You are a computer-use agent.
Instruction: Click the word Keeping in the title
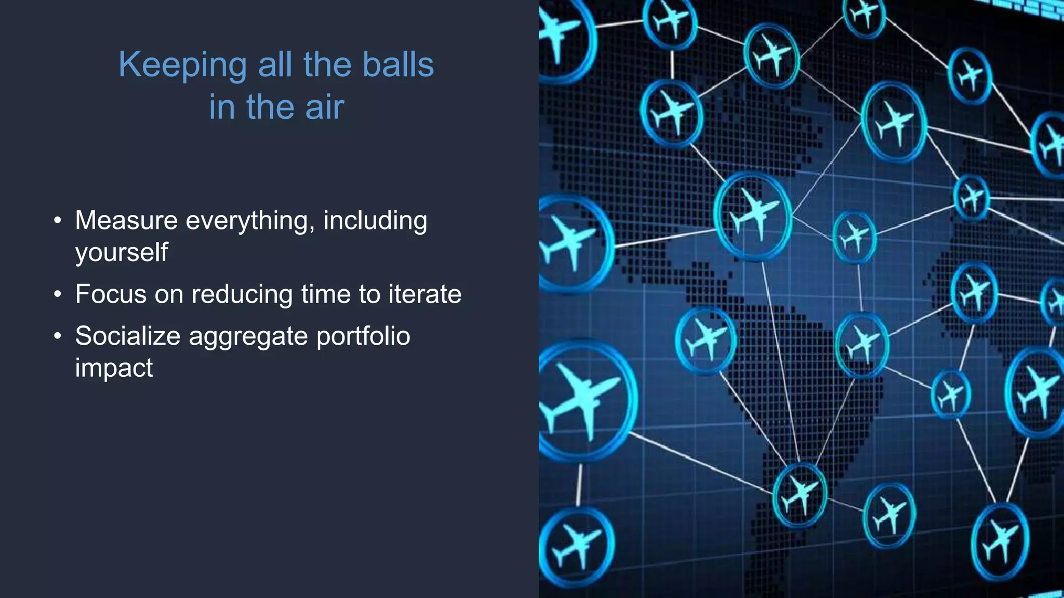coord(182,65)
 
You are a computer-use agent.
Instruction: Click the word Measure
coord(126,220)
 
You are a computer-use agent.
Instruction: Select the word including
coord(375,221)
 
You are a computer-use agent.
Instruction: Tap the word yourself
coord(122,253)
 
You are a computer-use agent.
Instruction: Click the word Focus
coord(111,294)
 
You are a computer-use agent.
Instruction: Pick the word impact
coord(114,368)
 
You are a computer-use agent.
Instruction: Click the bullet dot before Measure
coord(58,221)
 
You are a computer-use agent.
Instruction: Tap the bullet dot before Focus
coord(58,294)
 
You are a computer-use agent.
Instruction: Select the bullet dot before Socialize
coord(58,336)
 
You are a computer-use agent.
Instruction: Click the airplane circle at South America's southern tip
coord(800,494)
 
